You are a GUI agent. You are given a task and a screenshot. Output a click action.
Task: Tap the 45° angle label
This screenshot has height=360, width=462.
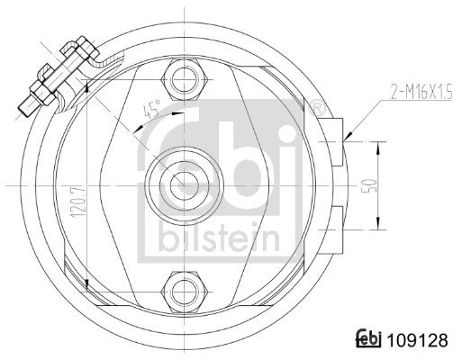[151, 109]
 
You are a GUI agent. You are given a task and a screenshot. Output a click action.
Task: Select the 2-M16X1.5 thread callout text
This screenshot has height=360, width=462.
[421, 93]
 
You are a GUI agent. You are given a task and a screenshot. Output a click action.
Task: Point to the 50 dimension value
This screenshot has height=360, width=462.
[370, 186]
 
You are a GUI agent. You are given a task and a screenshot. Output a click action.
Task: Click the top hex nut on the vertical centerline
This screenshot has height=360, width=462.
[185, 80]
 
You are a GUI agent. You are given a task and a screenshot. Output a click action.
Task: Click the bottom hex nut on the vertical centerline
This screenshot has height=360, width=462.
[185, 292]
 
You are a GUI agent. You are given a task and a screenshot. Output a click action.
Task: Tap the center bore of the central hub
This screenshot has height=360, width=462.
[185, 186]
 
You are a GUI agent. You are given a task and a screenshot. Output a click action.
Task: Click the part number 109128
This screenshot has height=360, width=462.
[417, 340]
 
